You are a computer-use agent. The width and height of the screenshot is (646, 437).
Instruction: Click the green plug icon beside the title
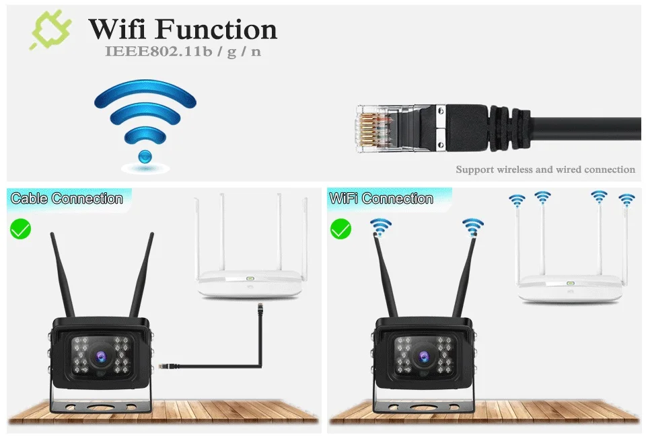(48, 31)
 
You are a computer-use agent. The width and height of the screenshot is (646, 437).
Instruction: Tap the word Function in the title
(217, 30)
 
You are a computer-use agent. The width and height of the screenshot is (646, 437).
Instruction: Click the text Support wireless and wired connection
(545, 169)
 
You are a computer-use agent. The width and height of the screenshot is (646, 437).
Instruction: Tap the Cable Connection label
(67, 198)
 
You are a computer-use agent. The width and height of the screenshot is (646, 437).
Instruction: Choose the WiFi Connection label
(381, 198)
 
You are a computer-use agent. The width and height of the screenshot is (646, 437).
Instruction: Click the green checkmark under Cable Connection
(20, 229)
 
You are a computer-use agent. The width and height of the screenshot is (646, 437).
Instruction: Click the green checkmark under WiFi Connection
(340, 229)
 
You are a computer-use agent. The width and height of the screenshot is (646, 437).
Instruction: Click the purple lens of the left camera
(99, 354)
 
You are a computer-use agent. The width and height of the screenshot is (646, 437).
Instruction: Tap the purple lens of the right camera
(422, 354)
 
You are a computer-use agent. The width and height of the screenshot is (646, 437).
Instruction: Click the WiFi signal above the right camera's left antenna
(380, 227)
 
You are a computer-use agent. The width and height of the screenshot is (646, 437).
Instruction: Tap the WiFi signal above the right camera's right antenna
(473, 227)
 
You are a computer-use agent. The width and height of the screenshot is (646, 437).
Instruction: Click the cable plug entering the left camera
(166, 364)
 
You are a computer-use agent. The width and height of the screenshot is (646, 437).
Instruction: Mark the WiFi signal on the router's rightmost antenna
(626, 200)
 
